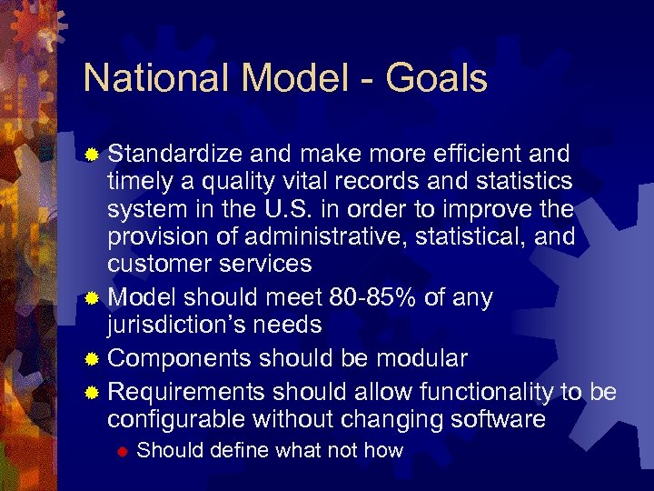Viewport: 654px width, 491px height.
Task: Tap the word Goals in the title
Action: click(x=437, y=79)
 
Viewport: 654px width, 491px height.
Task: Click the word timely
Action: click(x=135, y=181)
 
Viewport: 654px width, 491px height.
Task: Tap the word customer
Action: click(x=160, y=265)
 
